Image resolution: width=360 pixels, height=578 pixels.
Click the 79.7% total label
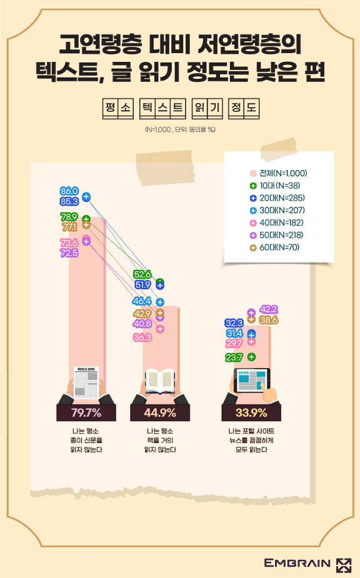86,412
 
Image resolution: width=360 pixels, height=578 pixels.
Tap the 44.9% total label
160,412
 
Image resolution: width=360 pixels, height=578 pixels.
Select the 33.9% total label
251,412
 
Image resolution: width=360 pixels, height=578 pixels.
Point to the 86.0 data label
69,191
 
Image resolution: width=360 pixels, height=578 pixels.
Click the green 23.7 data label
234,357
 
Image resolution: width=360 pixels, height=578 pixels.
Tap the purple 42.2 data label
269,309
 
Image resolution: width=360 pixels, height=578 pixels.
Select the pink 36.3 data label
142,337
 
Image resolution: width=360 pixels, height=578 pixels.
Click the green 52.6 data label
142,274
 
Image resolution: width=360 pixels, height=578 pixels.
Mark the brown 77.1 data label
69,227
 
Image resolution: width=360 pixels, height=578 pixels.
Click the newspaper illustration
86,382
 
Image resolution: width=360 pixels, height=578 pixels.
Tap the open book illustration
160,381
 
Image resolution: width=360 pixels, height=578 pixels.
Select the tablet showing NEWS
252,381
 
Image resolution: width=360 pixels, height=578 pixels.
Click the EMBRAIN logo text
297,563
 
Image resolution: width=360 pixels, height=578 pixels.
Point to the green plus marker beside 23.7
251,357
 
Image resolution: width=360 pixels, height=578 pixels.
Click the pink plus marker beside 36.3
160,329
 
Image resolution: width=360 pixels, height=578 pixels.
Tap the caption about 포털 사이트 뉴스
251,440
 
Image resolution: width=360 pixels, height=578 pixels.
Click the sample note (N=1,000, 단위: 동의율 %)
180,129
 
